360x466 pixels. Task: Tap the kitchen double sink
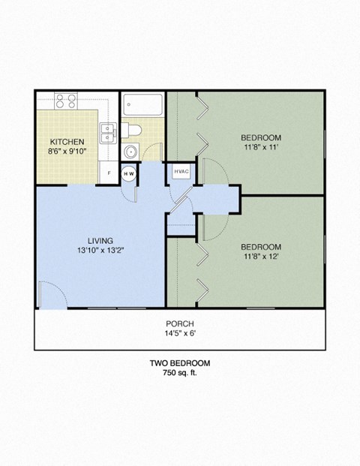109,132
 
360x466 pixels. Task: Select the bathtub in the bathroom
142,104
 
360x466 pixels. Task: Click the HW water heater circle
129,173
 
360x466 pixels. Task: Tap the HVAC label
181,172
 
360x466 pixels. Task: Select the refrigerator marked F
109,173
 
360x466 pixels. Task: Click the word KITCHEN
67,142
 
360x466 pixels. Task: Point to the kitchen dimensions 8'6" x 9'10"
67,152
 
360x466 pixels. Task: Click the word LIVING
99,240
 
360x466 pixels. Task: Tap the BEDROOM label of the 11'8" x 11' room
260,137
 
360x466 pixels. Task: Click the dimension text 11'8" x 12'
260,257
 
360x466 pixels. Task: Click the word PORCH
179,323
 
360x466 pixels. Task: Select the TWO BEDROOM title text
179,363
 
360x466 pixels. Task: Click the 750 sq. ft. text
179,373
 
